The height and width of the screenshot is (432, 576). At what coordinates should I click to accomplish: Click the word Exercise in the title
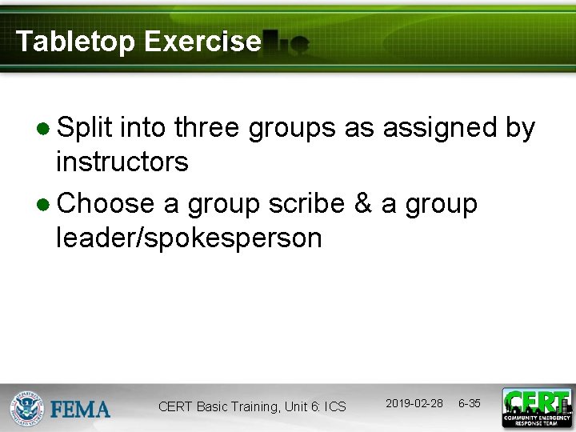point(202,42)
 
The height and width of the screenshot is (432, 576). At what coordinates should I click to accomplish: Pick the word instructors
point(122,162)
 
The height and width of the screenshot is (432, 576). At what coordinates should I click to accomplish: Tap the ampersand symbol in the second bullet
point(362,203)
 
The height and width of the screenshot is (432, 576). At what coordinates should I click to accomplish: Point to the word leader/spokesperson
point(189,238)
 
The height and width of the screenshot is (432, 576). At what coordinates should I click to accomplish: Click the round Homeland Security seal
point(27,408)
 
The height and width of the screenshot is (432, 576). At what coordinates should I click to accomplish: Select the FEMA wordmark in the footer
point(81,410)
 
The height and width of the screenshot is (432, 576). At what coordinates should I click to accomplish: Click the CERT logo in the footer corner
point(537,407)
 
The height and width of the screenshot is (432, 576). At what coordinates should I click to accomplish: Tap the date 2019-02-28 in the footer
point(414,403)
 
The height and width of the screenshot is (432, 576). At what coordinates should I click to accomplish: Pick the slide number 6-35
point(469,403)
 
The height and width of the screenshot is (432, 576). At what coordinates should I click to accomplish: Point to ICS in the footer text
point(335,407)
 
